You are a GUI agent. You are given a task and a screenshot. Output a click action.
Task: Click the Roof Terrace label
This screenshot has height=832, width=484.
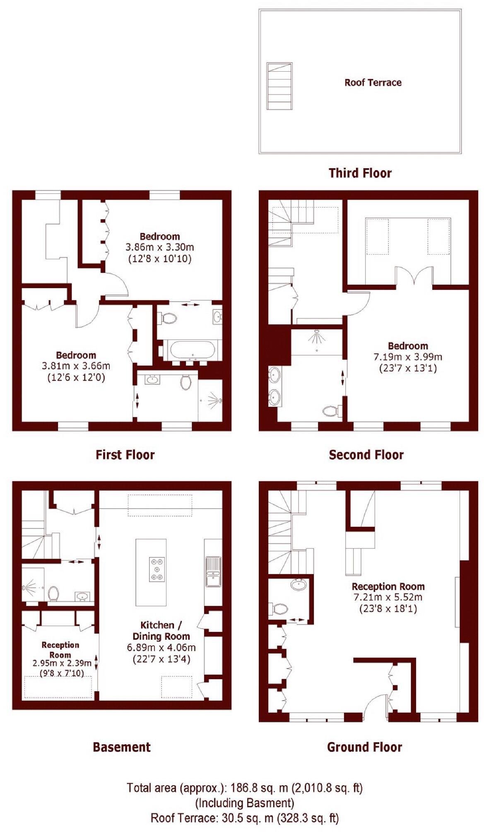click(x=373, y=82)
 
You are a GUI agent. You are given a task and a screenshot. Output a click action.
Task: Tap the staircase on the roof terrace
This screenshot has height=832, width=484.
click(x=279, y=86)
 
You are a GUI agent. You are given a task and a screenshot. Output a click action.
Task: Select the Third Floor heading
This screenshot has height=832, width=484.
click(x=360, y=173)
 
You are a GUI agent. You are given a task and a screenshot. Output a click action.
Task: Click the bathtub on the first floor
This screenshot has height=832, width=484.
click(x=192, y=350)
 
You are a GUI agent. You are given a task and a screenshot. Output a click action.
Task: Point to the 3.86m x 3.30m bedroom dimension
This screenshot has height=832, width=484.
click(x=159, y=248)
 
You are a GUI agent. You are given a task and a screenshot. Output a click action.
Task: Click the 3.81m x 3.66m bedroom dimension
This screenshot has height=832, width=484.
click(x=76, y=366)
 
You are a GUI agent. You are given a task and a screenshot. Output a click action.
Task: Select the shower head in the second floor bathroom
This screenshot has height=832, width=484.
click(x=317, y=336)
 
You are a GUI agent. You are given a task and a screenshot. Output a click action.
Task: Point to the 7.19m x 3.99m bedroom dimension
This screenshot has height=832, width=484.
click(x=408, y=357)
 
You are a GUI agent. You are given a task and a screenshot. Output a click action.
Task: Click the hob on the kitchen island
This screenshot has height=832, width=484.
click(x=157, y=569)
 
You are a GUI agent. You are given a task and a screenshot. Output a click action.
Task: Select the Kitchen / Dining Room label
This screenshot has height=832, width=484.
click(x=161, y=631)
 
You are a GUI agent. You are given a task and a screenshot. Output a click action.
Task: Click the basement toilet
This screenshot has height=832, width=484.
click(x=53, y=593)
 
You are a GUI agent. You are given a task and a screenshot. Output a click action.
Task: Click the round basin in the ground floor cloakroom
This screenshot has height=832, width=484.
click(x=299, y=584)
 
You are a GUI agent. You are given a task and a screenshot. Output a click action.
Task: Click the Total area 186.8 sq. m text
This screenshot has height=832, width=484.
click(x=244, y=787)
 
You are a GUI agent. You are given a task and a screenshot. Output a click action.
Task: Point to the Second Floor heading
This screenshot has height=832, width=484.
click(x=366, y=455)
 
